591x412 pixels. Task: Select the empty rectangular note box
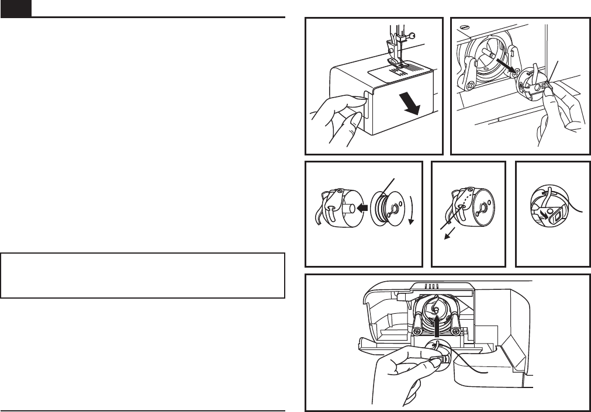pyautogui.click(x=143, y=275)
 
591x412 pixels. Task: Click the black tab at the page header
pyautogui.click(x=16, y=8)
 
